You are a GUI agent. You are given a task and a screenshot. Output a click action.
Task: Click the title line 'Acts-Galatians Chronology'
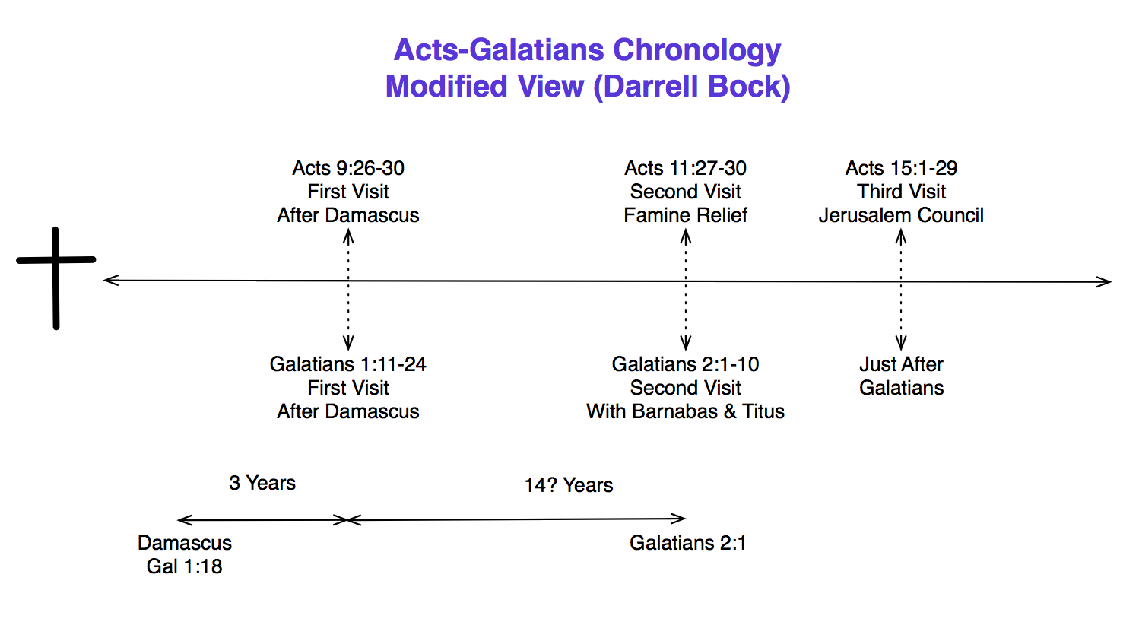[587, 50]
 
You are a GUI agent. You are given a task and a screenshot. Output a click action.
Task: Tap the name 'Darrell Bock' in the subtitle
[690, 86]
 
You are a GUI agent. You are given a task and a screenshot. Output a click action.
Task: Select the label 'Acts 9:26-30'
[348, 168]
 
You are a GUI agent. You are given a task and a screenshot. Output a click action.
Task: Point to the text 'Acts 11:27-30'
[685, 168]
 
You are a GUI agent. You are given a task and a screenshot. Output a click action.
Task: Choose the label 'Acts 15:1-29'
[901, 168]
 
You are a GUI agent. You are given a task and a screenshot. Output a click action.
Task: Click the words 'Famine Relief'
[685, 215]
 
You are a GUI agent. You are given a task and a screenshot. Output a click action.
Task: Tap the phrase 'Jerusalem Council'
[901, 215]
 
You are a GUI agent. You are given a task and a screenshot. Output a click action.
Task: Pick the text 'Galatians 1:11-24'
[348, 364]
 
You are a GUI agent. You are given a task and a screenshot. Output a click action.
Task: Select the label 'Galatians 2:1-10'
[685, 364]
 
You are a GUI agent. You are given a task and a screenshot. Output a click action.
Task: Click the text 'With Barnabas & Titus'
[685, 411]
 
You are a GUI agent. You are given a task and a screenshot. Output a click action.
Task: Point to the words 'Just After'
[901, 364]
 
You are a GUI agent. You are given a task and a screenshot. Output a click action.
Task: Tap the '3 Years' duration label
[262, 483]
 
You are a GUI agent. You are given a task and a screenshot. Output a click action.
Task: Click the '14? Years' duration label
[568, 485]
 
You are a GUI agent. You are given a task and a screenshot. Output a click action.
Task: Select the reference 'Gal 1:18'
[184, 566]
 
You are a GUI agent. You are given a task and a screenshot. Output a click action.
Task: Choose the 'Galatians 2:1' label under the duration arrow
[687, 543]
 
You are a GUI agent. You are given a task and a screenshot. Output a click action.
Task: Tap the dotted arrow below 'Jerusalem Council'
[901, 289]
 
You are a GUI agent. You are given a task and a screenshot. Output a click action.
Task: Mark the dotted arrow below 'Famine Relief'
[685, 289]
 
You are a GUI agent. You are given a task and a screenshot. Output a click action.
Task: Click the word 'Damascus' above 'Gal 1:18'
[184, 543]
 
